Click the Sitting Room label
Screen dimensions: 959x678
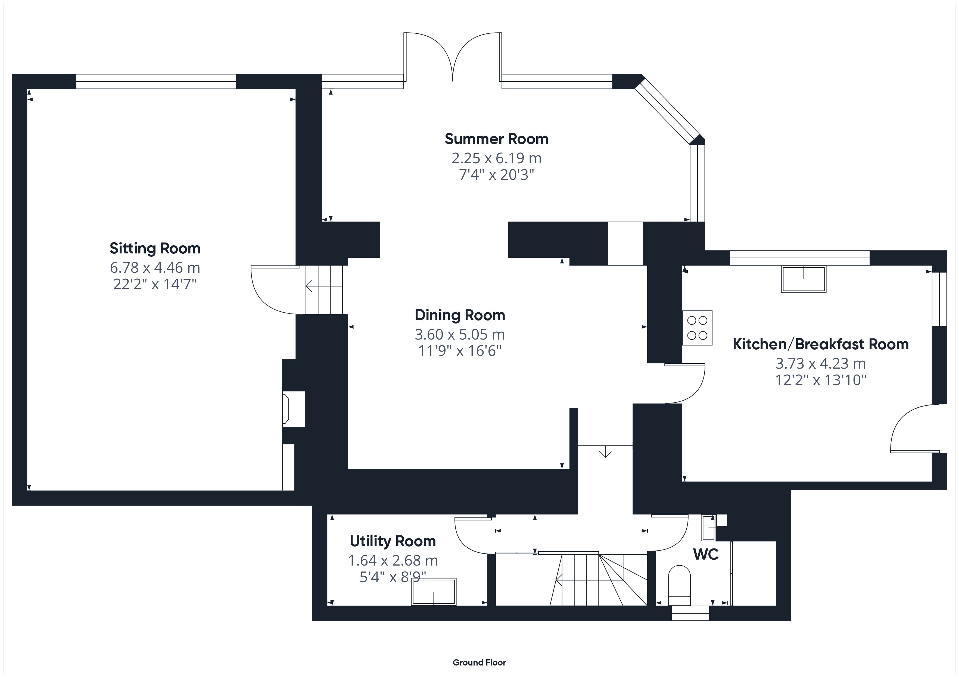pos(155,248)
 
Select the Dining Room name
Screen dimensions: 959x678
pos(460,315)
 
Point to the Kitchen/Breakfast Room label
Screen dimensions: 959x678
pos(821,344)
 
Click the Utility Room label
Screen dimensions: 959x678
pos(393,541)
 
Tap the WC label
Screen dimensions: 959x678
pos(706,554)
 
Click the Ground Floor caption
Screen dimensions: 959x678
pos(479,651)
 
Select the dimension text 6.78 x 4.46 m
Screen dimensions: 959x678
pos(155,267)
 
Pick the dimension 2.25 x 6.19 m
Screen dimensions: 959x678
pos(496,158)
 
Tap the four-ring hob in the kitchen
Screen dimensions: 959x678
pos(698,328)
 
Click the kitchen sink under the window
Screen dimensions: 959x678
pos(804,279)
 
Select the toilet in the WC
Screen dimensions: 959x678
pos(679,585)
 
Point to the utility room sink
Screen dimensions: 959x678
pos(434,592)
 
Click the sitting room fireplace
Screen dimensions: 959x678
pos(294,409)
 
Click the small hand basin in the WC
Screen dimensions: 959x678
pos(708,528)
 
